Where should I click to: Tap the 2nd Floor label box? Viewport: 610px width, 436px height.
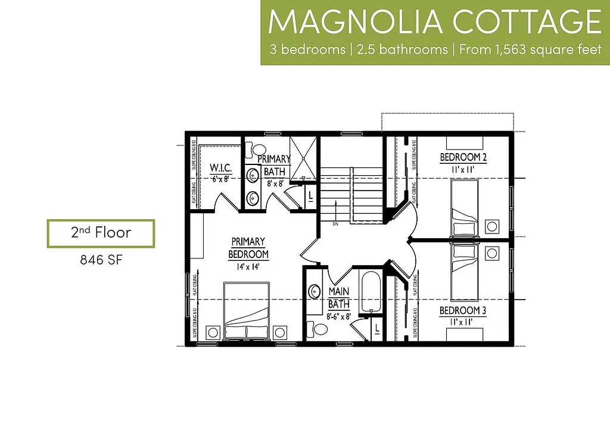click(101, 233)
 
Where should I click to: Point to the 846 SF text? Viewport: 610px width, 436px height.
click(101, 260)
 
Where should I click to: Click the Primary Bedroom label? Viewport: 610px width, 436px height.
click(248, 248)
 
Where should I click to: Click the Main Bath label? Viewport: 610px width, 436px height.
click(338, 298)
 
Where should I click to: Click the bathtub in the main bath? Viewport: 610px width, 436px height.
click(371, 291)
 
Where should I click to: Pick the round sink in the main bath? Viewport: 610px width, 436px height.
click(315, 291)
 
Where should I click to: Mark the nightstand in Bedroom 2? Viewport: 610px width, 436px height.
click(492, 226)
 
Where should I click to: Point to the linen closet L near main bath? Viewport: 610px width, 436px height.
click(377, 328)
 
